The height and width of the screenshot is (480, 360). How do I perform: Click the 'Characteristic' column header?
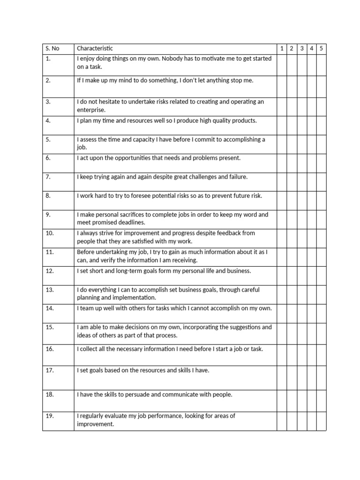tap(95, 49)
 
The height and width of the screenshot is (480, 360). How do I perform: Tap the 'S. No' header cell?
tap(52, 49)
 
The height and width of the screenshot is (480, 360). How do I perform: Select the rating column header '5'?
tap(321, 49)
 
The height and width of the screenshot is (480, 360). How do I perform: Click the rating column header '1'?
tap(282, 49)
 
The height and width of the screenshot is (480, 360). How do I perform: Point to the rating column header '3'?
tap(301, 49)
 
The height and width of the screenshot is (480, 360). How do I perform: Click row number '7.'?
tap(48, 177)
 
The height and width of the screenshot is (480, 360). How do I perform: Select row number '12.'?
tap(50, 271)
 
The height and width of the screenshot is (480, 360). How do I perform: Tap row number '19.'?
tap(50, 416)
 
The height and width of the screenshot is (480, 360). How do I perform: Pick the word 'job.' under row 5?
tap(82, 148)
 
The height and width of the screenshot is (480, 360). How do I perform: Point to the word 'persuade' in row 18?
tap(136, 395)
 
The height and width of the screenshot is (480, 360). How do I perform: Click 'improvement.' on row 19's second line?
tap(96, 424)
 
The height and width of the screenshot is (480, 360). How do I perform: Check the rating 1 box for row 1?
tap(282, 65)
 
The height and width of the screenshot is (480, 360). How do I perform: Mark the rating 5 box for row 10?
tap(321, 238)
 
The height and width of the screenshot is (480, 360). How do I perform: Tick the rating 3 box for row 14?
tap(301, 313)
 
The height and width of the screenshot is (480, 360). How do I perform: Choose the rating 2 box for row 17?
tap(292, 378)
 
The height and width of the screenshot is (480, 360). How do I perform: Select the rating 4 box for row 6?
tap(311, 163)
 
